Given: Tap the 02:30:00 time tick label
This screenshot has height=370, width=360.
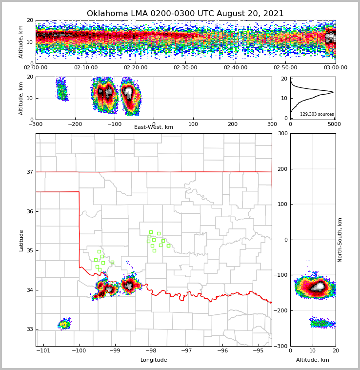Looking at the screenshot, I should [185, 68].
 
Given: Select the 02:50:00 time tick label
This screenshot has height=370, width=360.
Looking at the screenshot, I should [285, 68].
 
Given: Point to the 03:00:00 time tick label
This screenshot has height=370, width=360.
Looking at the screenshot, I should [335, 68].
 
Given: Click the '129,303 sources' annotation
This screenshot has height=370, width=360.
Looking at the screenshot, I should [317, 114].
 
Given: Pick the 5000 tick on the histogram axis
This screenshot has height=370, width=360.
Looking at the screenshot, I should [334, 124].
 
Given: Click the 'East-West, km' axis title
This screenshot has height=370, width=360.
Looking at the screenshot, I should [154, 127].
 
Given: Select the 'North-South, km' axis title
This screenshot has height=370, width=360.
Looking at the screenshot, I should [340, 240].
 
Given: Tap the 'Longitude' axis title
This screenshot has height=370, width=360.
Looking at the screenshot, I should [154, 360].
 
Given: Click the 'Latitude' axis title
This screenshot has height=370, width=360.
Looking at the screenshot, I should [21, 240].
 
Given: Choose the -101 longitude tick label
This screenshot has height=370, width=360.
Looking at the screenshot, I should [43, 351].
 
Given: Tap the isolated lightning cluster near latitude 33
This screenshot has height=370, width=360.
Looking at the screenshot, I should [64, 324].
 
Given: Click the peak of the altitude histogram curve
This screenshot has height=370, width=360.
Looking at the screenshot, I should [333, 92].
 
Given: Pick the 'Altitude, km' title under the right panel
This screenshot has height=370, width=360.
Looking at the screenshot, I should [313, 360].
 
